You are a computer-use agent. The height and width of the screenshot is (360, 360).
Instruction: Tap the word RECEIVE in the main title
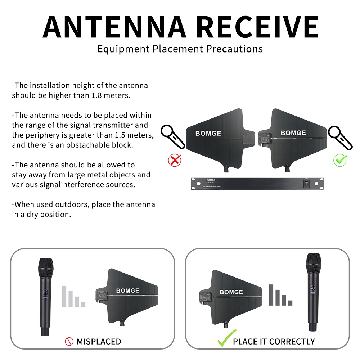(x=259, y=27)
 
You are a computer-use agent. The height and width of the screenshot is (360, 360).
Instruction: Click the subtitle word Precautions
(x=234, y=49)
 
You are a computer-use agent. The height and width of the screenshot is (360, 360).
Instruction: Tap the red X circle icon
(x=175, y=160)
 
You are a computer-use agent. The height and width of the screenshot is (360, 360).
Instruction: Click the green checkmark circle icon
(x=340, y=160)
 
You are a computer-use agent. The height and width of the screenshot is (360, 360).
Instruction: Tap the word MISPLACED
(x=99, y=341)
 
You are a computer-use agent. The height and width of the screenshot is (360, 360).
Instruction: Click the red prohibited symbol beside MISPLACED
(x=69, y=341)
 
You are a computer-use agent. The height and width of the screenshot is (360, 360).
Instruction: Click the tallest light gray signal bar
(x=65, y=296)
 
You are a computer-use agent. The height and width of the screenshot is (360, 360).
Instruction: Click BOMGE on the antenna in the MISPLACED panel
(x=127, y=290)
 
